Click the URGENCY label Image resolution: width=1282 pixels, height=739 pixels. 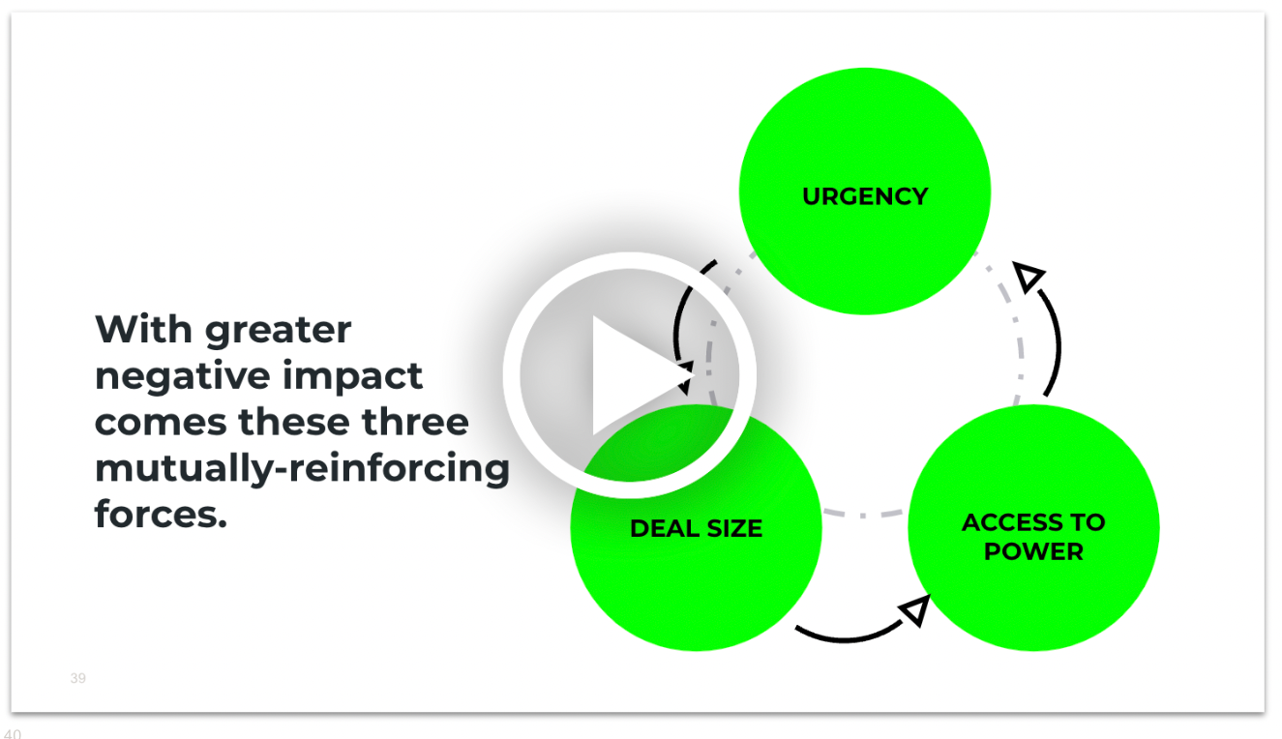tap(865, 196)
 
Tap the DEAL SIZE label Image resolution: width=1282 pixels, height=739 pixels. tap(696, 529)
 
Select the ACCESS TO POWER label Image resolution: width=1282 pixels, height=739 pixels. tap(1033, 537)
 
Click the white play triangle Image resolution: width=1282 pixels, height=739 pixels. tap(633, 375)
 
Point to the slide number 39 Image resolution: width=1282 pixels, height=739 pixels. tap(77, 679)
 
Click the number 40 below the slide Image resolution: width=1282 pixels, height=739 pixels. tap(12, 733)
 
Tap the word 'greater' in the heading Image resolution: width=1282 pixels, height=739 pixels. tap(278, 330)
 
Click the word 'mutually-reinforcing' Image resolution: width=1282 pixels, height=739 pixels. tap(302, 469)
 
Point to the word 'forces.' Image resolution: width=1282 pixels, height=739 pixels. tap(161, 514)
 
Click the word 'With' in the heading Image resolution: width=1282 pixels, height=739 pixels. tap(143, 330)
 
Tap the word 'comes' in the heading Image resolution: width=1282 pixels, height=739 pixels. tap(161, 422)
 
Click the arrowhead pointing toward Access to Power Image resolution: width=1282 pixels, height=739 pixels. tap(915, 610)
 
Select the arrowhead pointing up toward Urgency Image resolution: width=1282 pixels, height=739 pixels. tap(1031, 277)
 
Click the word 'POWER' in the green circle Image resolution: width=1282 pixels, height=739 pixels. tap(1033, 552)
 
